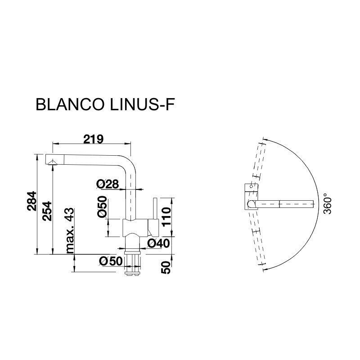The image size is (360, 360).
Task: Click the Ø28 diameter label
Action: (x=107, y=184)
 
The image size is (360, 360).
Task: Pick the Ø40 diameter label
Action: (x=158, y=243)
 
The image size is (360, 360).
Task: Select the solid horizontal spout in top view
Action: (x=283, y=204)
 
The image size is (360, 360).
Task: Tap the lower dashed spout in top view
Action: (x=257, y=243)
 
